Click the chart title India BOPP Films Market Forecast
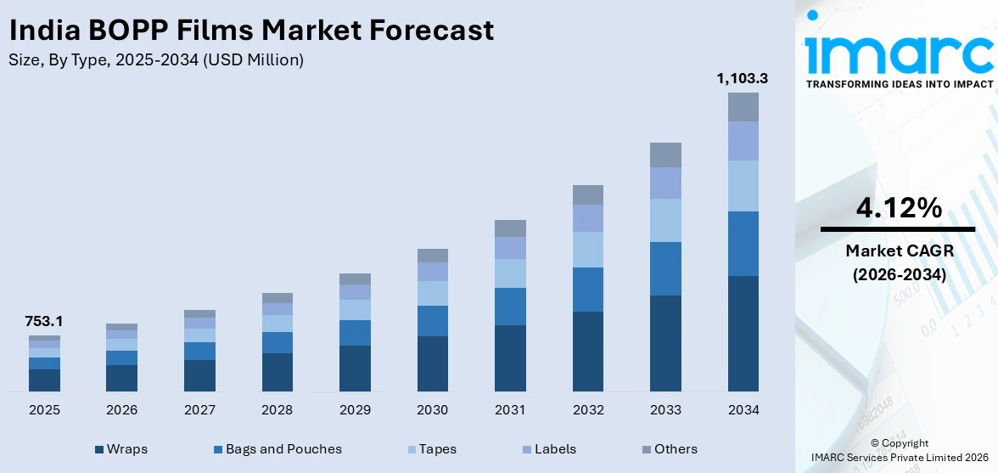coord(250,31)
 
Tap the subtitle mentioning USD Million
coord(155,60)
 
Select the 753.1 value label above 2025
coord(44,322)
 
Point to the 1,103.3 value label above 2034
coord(743,78)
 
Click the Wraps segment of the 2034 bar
coord(743,333)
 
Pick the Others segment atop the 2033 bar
coord(665,155)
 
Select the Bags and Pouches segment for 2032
coord(587,290)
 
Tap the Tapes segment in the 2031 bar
coord(510,273)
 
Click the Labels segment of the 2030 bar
coord(432,272)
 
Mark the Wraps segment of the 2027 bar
coord(199,375)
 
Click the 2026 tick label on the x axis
coord(121,410)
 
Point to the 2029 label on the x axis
coord(355,410)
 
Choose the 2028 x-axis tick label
coord(277,410)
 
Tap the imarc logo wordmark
coord(899,53)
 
